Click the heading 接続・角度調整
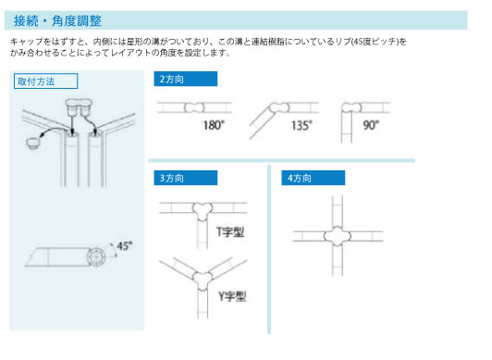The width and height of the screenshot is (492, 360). pyautogui.click(x=57, y=20)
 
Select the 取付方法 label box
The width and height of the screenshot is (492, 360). pyautogui.click(x=45, y=81)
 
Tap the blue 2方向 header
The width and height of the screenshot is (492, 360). pyautogui.click(x=186, y=79)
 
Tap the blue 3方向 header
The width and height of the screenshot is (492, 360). pyautogui.click(x=186, y=178)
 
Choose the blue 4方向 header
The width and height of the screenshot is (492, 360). pyautogui.click(x=314, y=178)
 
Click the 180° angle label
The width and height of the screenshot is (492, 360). pyautogui.click(x=214, y=125)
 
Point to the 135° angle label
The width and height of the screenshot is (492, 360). pyautogui.click(x=301, y=125)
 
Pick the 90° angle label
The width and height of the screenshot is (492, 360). pyautogui.click(x=371, y=125)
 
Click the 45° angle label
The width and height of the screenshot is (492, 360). pyautogui.click(x=125, y=246)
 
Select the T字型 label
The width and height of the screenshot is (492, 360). pyautogui.click(x=230, y=232)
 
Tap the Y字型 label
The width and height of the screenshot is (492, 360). pyautogui.click(x=232, y=296)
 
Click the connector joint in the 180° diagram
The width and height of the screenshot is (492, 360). pyautogui.click(x=194, y=107)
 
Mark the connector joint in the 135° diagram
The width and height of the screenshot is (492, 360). pyautogui.click(x=279, y=107)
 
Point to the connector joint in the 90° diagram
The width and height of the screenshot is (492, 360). pyautogui.click(x=351, y=107)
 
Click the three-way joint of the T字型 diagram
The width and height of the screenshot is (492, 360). pyautogui.click(x=203, y=211)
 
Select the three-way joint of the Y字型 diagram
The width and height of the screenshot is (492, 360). pyautogui.click(x=203, y=280)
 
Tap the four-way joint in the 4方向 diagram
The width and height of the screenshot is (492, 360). pyautogui.click(x=338, y=236)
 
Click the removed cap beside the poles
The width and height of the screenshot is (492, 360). pyautogui.click(x=33, y=143)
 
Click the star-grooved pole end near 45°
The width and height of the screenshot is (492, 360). pyautogui.click(x=95, y=257)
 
